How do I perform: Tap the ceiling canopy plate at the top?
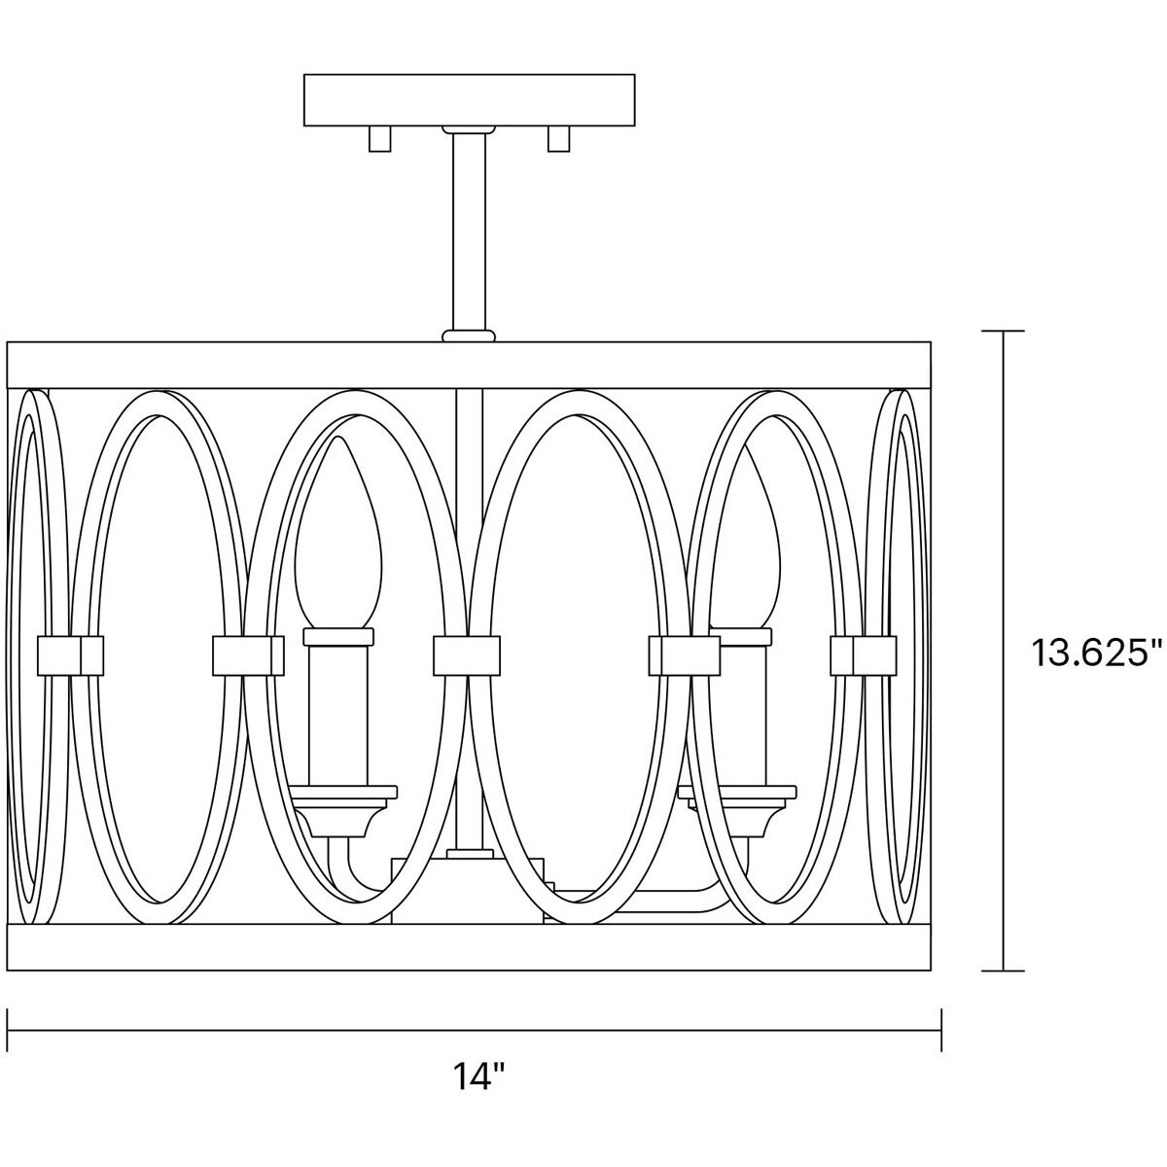(x=469, y=100)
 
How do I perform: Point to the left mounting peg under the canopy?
(x=379, y=138)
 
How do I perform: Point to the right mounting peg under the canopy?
(x=558, y=138)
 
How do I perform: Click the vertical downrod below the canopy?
(x=469, y=231)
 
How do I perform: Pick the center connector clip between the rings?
(x=467, y=655)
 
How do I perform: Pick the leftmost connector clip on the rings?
(x=70, y=655)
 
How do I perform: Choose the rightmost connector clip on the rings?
(x=864, y=655)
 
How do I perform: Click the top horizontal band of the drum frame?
(x=469, y=366)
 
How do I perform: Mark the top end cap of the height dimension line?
(x=1003, y=331)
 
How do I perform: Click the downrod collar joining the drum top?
(x=469, y=336)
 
